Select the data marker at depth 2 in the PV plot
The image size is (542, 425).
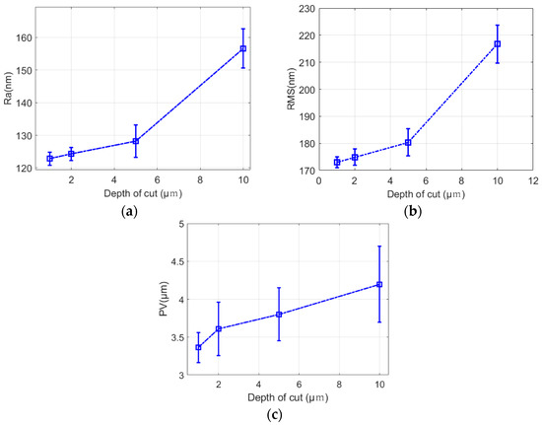click(x=219, y=328)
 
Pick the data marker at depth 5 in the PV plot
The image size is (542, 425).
click(x=279, y=314)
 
